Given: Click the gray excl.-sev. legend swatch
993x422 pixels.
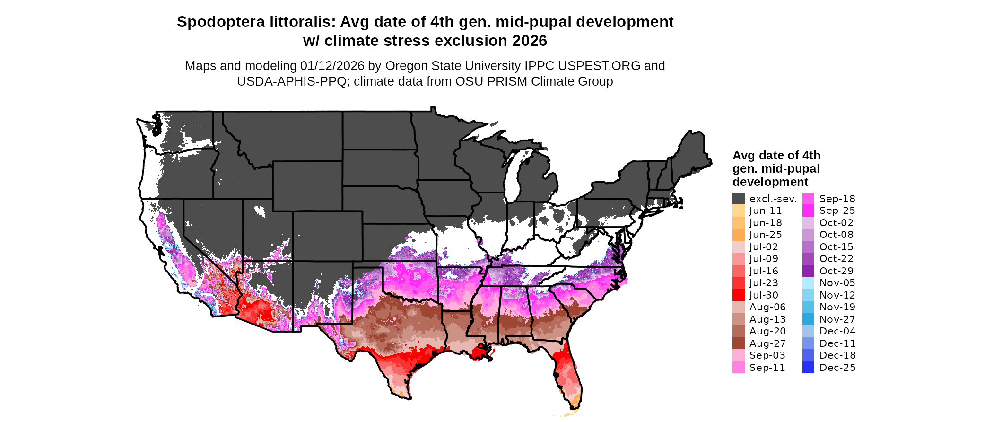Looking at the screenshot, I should point(739,199).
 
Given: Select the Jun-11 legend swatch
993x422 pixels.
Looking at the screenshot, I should point(739,211).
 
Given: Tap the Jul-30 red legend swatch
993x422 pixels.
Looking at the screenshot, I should point(739,295).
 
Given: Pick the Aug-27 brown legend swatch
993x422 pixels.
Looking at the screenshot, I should point(739,343).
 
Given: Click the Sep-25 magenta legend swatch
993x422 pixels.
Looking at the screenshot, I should point(809,211).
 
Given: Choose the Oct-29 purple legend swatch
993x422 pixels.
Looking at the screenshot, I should point(809,271).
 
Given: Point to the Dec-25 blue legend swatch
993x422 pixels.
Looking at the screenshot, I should point(809,368).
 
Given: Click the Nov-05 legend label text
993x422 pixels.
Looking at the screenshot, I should point(837,283).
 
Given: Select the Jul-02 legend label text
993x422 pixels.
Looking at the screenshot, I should point(764,247).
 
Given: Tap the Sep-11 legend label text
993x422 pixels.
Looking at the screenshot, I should point(767,368).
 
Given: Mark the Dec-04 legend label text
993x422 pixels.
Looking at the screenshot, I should point(837,331).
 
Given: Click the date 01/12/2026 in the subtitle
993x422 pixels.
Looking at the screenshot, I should point(332,66).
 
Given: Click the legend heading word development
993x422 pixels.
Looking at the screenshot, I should point(770,182).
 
